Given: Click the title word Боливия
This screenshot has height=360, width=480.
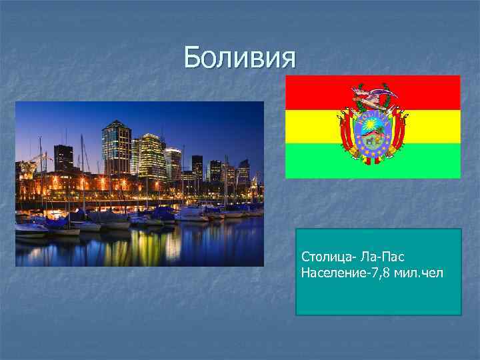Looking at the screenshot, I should click(239, 58).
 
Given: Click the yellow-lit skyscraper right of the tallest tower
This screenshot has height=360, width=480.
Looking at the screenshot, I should click(151, 155).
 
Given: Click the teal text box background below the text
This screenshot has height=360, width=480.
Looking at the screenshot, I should click(378, 298).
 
